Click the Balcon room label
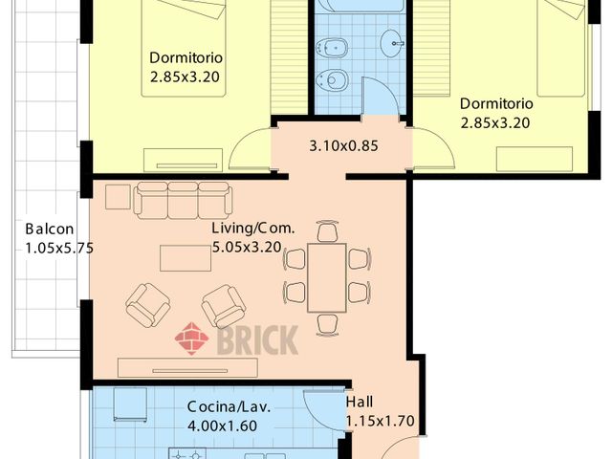pyautogui.click(x=50, y=229)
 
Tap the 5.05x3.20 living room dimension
pyautogui.click(x=247, y=247)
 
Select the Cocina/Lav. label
pyautogui.click(x=229, y=406)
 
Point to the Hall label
pyautogui.click(x=360, y=402)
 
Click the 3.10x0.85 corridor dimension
pyautogui.click(x=343, y=146)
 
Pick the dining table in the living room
pyautogui.click(x=327, y=278)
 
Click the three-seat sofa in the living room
pyautogui.click(x=183, y=201)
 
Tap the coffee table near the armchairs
pyautogui.click(x=186, y=258)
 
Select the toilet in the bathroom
pyautogui.click(x=331, y=80)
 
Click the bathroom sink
pyautogui.click(x=393, y=42)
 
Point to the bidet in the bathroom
pyautogui.click(x=331, y=48)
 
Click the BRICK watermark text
pyautogui.click(x=257, y=340)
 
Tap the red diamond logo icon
pyautogui.click(x=191, y=339)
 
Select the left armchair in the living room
pyautogui.click(x=148, y=305)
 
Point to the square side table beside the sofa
pyautogui.click(x=118, y=197)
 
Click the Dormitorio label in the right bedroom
pyautogui.click(x=496, y=104)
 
